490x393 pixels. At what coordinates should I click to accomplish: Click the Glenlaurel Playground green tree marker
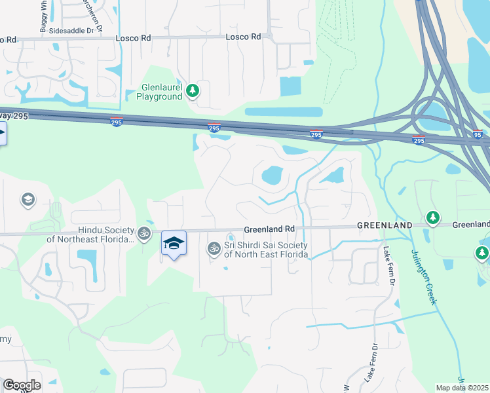tap(192, 90)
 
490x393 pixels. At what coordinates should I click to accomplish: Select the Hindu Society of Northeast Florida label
tap(90, 234)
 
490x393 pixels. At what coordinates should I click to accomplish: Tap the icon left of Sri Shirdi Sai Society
tap(213, 248)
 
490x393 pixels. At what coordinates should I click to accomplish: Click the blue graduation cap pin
tap(174, 244)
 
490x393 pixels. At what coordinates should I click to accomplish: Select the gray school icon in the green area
tap(28, 199)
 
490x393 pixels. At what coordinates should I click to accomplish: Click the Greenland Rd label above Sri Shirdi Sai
tap(269, 229)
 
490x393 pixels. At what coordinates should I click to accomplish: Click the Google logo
tap(22, 385)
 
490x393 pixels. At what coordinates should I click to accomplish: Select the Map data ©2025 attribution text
tap(462, 388)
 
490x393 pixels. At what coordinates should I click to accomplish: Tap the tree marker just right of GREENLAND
tap(432, 217)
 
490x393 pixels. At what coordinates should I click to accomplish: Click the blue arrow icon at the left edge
tap(2, 136)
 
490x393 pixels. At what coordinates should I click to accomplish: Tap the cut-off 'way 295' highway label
tap(14, 116)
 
